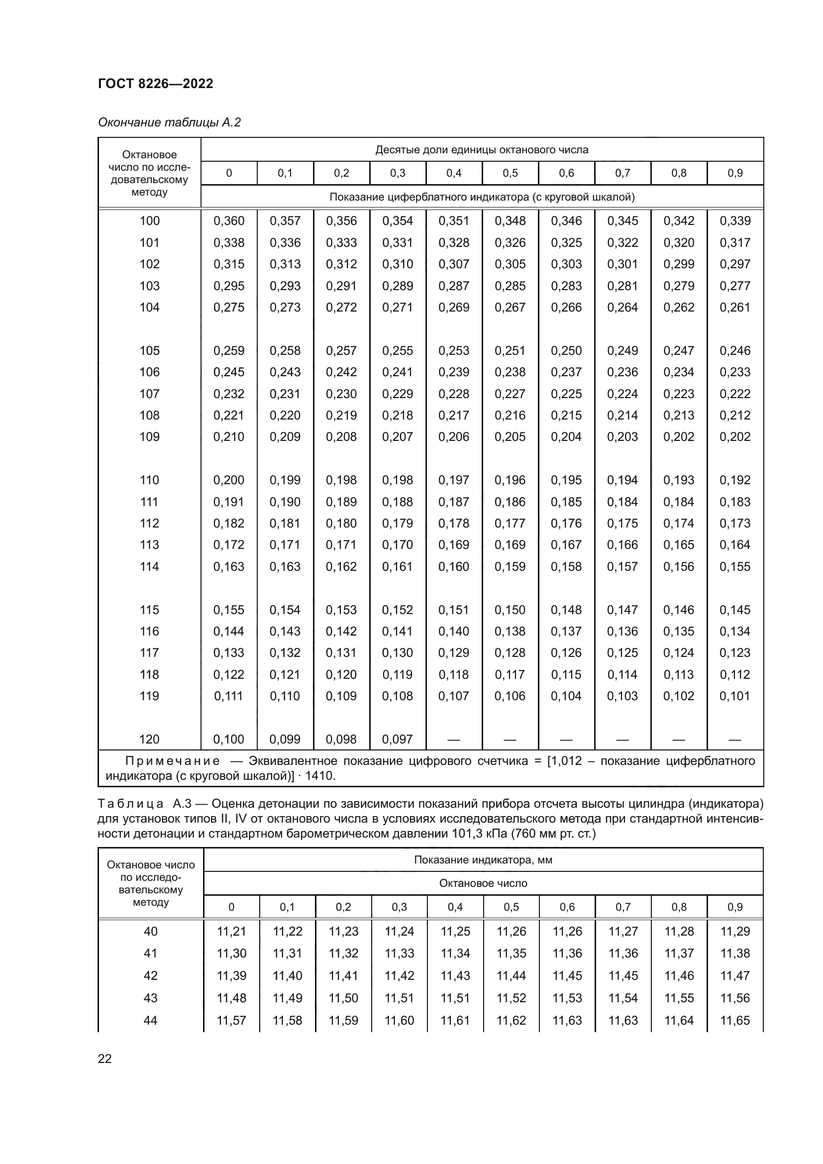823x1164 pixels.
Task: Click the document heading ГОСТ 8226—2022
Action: click(x=155, y=84)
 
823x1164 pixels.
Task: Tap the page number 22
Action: click(x=104, y=1058)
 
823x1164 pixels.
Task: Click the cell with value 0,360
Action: click(x=228, y=221)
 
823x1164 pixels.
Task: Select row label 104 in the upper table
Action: click(x=149, y=307)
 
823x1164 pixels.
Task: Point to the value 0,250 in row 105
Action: click(x=566, y=351)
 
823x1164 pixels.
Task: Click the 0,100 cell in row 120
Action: click(x=228, y=739)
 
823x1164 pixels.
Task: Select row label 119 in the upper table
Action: click(x=149, y=696)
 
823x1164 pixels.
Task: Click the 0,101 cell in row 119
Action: click(x=735, y=696)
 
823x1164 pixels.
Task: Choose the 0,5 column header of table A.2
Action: click(x=510, y=173)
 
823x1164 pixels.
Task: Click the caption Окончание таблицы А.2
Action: click(x=169, y=122)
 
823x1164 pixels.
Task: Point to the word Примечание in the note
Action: click(x=172, y=761)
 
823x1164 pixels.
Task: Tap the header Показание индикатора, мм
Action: click(x=483, y=860)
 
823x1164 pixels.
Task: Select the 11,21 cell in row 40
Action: click(x=231, y=931)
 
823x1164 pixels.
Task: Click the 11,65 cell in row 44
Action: click(x=735, y=1021)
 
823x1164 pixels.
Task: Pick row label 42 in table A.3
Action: click(x=150, y=976)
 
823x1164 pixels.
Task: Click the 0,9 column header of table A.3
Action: click(x=735, y=907)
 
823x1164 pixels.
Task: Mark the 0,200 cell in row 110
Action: click(x=228, y=480)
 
